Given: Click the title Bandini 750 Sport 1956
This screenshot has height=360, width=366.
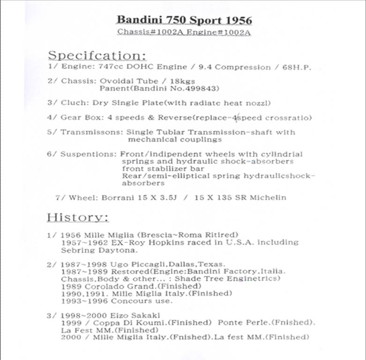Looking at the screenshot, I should (x=184, y=20).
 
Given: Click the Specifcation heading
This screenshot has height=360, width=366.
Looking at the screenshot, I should (x=96, y=55).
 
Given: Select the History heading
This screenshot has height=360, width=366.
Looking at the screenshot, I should (x=78, y=217).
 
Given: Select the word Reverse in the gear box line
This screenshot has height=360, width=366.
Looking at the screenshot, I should (x=174, y=118).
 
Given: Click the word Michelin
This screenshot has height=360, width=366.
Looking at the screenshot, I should (x=267, y=197).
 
